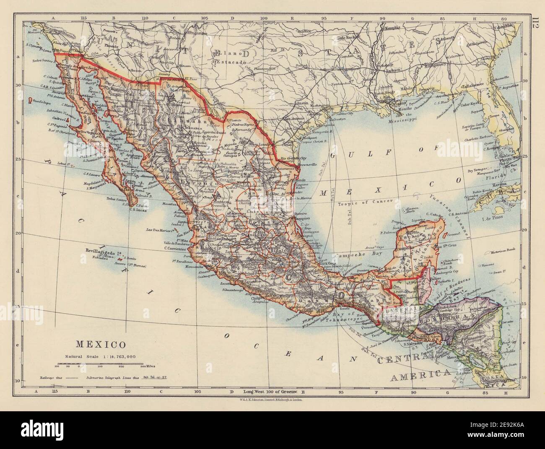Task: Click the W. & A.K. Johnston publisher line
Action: pos(272,400)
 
